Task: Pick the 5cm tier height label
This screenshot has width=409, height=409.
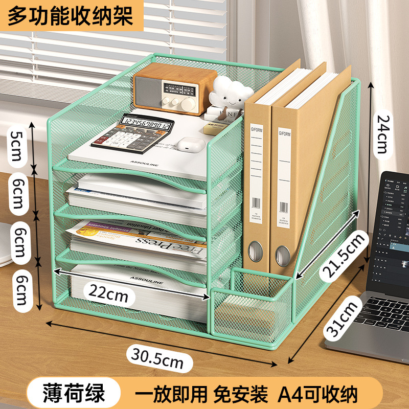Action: [17, 145]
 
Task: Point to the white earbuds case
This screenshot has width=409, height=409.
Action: [188, 145]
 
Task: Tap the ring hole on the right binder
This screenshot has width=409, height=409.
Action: [283, 253]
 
